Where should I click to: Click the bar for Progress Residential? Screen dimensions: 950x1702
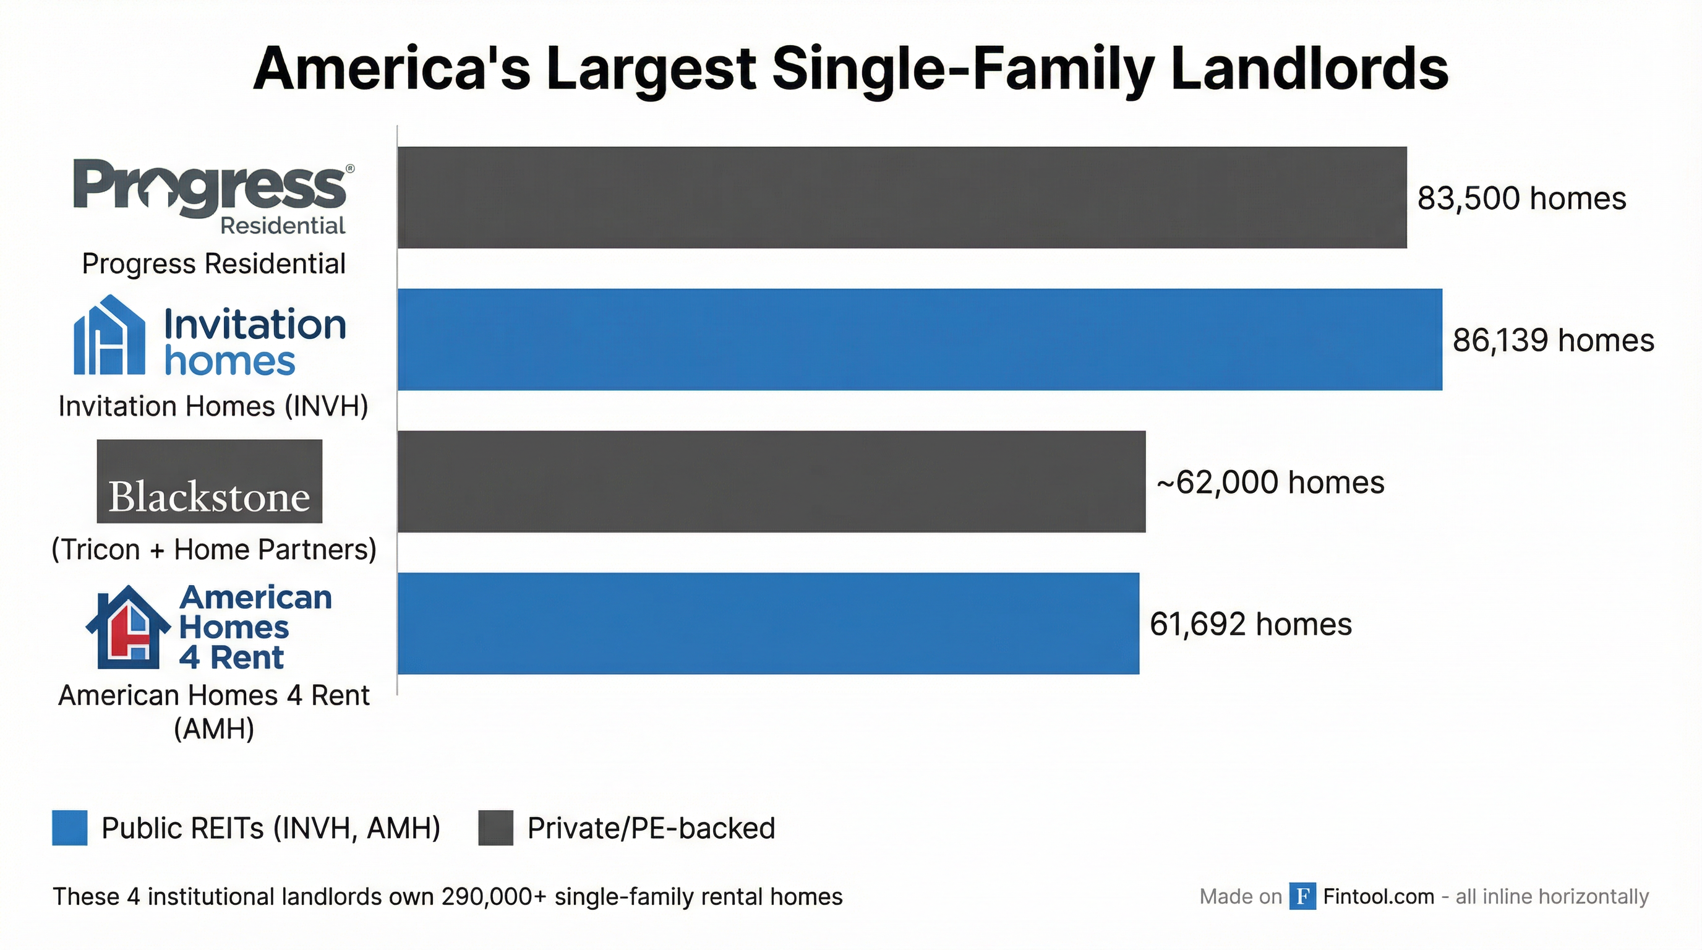pos(902,197)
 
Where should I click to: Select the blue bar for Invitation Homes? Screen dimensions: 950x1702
pos(920,340)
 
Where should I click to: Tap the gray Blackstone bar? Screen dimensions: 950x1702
pos(771,482)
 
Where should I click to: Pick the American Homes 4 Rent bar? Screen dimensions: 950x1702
pos(768,623)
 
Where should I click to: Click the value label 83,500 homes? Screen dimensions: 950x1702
pos(1521,198)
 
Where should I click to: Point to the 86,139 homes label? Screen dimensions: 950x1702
pos(1553,340)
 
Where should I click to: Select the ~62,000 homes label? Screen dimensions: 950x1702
pos(1270,482)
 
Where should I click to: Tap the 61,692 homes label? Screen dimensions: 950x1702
pos(1250,624)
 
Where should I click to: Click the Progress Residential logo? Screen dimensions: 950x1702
pos(212,195)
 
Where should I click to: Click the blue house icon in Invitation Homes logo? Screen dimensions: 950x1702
pos(109,336)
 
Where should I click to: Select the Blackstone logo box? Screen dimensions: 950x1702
pos(210,482)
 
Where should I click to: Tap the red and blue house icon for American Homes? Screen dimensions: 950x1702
pos(127,627)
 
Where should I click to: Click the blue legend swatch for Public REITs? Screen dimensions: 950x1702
pos(69,828)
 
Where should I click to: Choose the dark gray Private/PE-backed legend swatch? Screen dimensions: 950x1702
pos(495,828)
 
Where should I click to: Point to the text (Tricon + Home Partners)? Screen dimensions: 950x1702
pos(213,550)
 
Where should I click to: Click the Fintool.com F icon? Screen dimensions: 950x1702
pos(1302,896)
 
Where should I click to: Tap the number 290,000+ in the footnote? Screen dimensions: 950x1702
pos(494,896)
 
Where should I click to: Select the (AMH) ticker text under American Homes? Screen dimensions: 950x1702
pos(213,729)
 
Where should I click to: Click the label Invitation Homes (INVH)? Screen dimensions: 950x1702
pos(213,406)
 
